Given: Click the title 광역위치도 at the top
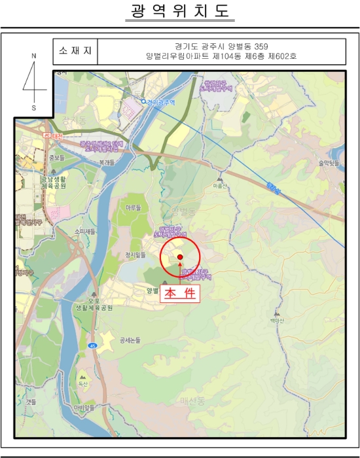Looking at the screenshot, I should pyautogui.click(x=179, y=12).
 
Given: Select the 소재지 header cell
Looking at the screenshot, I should pyautogui.click(x=75, y=50).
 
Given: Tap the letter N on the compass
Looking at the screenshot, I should pyautogui.click(x=34, y=57).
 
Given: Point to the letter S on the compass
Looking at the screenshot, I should pyautogui.click(x=34, y=107).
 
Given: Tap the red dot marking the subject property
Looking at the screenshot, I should pyautogui.click(x=180, y=258).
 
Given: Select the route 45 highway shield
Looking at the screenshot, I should pyautogui.click(x=94, y=345).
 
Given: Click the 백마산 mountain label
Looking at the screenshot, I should pyautogui.click(x=274, y=321).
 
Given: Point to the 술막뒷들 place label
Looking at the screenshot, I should pyautogui.click(x=329, y=163).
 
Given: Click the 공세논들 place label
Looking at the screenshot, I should pyautogui.click(x=130, y=340).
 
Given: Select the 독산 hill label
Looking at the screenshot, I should pyautogui.click(x=82, y=385).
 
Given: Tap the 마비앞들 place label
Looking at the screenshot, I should pyautogui.click(x=84, y=408).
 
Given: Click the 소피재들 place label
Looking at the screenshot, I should pyautogui.click(x=84, y=231).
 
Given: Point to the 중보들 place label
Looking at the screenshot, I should pyautogui.click(x=58, y=158).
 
